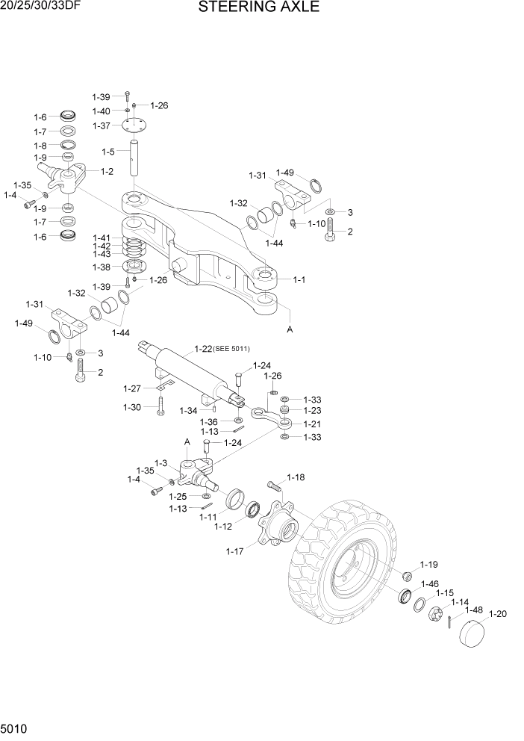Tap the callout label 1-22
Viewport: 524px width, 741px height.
(202, 349)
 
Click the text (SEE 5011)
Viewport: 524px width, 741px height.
(231, 349)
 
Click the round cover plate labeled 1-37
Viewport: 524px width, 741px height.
(134, 126)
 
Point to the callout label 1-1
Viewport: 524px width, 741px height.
(299, 280)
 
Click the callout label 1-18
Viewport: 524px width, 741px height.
(296, 477)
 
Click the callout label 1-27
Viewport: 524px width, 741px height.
(132, 388)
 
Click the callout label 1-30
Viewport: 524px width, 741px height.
(132, 407)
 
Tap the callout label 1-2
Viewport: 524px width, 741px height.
(107, 171)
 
